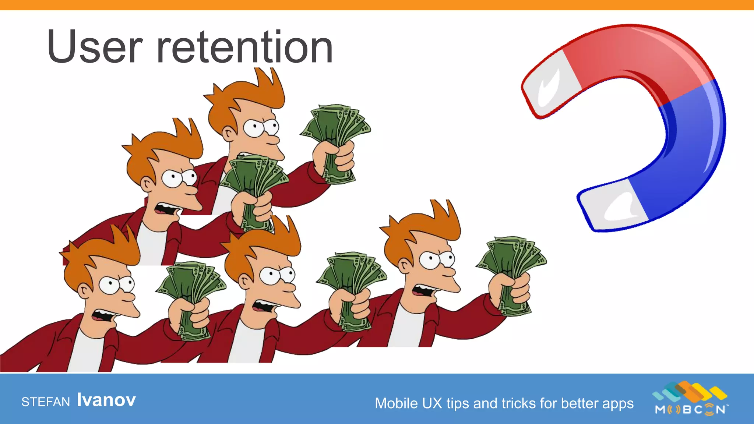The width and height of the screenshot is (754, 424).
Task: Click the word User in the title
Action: [x=95, y=47]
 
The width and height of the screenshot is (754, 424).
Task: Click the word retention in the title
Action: [x=245, y=47]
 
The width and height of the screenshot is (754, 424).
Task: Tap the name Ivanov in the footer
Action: [x=106, y=400]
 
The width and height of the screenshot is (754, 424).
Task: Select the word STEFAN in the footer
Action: [x=46, y=402]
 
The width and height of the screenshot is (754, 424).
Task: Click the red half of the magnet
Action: [x=637, y=55]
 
